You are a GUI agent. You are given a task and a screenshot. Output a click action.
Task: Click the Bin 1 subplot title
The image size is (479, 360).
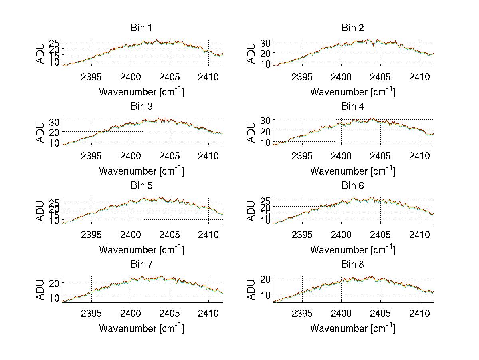pos(141,28)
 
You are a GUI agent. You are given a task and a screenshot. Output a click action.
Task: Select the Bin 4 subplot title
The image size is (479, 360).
pos(352,107)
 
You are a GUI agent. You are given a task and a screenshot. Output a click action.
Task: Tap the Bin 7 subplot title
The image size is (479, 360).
pos(141,265)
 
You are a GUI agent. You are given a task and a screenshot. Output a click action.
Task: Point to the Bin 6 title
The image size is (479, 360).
pos(352,186)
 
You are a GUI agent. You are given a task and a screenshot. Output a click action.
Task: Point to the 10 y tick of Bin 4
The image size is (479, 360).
pos(265,142)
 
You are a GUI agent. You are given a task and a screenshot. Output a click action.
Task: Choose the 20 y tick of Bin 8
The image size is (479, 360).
pos(265,278)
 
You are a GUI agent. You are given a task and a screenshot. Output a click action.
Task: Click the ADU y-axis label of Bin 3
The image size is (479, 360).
pos(40,132)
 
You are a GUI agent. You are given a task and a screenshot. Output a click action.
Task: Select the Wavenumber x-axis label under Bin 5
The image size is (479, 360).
pos(141,249)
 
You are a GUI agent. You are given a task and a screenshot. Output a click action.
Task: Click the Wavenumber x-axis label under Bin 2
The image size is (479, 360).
pos(352,91)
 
